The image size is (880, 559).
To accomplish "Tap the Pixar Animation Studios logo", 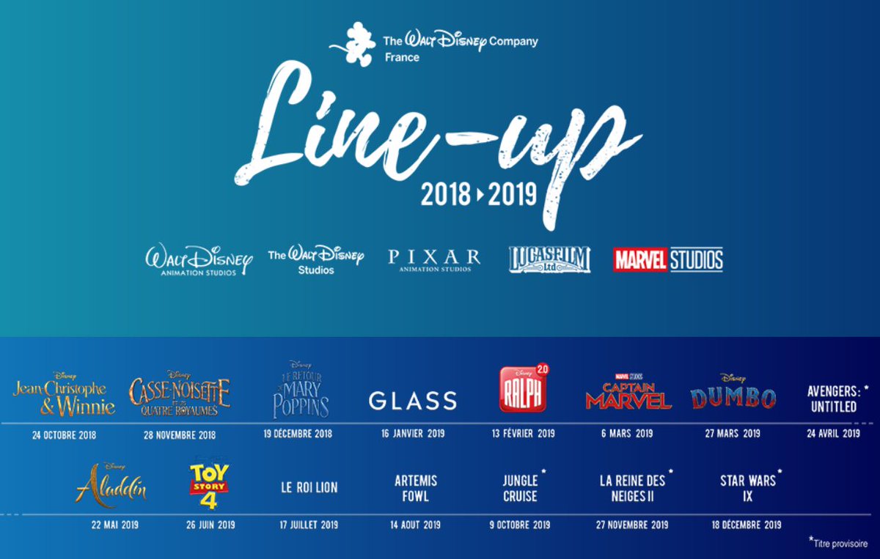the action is [434, 260].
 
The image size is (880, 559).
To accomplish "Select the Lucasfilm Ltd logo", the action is [549, 259].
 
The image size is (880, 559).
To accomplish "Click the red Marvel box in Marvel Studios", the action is [640, 259].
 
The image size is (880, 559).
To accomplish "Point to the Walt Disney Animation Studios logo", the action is [199, 260].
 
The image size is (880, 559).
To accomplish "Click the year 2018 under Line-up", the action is [446, 194].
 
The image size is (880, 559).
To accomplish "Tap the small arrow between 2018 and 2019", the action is [480, 195].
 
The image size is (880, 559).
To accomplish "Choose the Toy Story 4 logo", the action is [209, 486].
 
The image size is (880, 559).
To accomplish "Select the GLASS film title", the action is [412, 401].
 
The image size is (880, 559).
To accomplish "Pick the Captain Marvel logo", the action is [628, 392].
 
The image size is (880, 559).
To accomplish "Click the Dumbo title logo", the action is [733, 393].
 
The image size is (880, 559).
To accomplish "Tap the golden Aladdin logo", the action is [111, 484].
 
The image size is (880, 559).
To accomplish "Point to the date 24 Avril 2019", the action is [833, 434].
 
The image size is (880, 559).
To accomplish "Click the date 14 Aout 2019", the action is [415, 525].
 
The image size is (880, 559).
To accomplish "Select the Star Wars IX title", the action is [748, 489].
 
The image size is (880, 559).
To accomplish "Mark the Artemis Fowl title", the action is [416, 489].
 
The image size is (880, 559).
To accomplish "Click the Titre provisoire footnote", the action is [838, 543].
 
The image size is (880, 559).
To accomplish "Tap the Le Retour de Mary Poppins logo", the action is [301, 390].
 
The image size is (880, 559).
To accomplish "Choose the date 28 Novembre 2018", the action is [180, 435].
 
